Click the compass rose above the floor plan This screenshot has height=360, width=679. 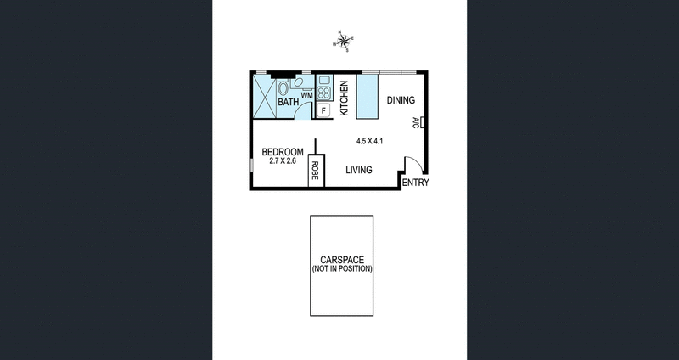click(345, 41)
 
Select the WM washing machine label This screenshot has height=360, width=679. click(306, 95)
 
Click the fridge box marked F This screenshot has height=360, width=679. click(323, 110)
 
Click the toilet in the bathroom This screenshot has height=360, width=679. click(283, 87)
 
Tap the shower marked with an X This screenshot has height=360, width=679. click(265, 97)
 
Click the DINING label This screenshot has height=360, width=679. click(401, 100)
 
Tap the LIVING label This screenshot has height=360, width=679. click(359, 170)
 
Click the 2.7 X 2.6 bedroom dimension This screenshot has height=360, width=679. click(278, 160)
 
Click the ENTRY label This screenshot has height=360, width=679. click(415, 183)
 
